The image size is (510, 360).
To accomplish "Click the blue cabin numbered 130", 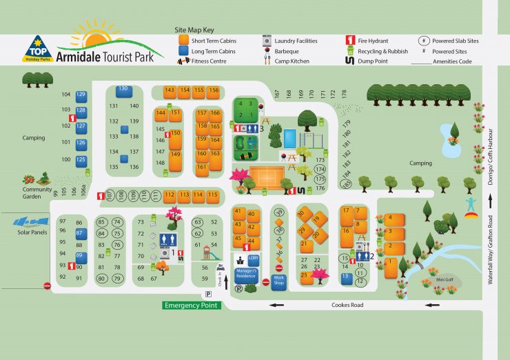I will [x=123, y=90].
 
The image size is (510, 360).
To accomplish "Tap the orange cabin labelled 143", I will [x=170, y=90].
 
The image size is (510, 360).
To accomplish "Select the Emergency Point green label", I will [x=192, y=305].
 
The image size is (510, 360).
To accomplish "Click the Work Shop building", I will [x=278, y=281].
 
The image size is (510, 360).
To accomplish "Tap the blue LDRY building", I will [x=253, y=259].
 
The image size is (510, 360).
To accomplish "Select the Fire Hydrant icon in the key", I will [x=350, y=41].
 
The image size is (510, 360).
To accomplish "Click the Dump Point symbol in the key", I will [x=350, y=61].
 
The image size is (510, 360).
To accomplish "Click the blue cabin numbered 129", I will [x=81, y=94].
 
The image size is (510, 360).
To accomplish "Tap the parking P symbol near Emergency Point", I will [x=207, y=294].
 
